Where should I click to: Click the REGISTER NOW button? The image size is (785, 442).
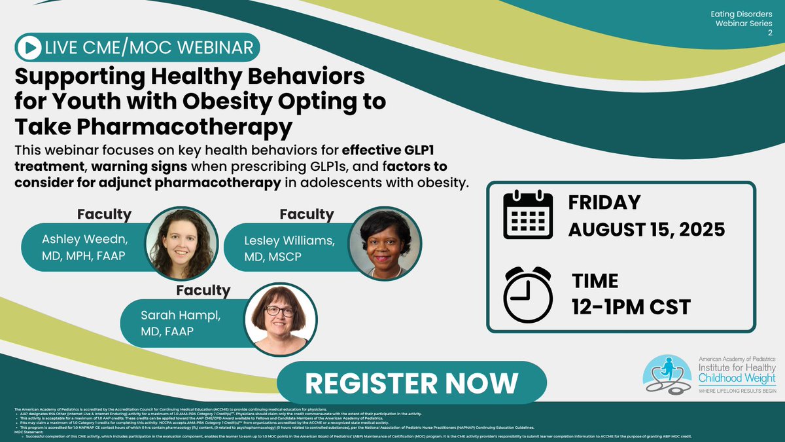[x=411, y=382]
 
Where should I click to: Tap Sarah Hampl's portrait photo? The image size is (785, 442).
[x=279, y=320]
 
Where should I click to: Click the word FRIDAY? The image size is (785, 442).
[x=604, y=202]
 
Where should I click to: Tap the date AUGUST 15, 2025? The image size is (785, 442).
[x=646, y=230]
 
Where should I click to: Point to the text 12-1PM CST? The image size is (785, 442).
[x=631, y=306]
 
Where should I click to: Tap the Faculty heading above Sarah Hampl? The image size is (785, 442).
[x=203, y=289]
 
